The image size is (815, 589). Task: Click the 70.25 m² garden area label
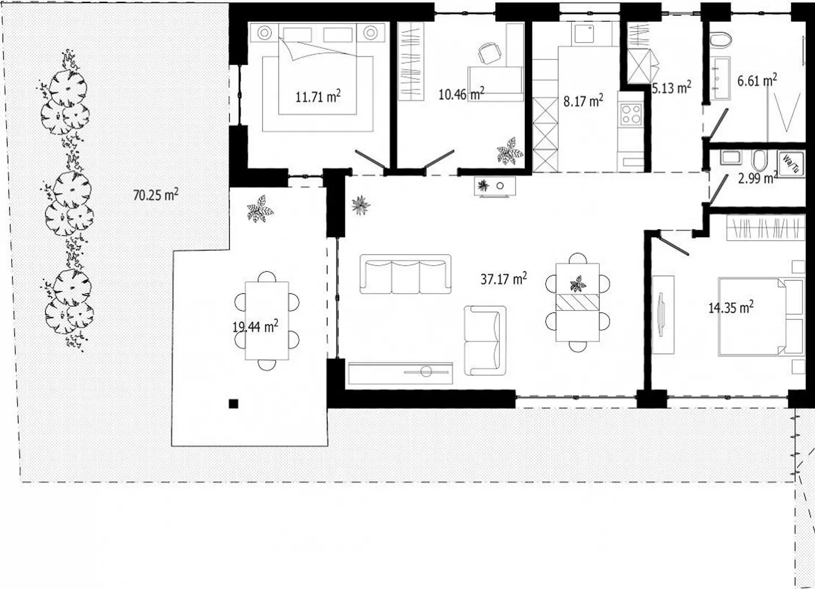point(156,195)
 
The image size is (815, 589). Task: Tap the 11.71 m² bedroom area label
point(318,96)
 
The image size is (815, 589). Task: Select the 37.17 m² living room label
point(504,279)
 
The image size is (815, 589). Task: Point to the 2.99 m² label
point(757,178)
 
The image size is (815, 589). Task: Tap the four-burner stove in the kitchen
point(631,114)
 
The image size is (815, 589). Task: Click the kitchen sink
point(584,33)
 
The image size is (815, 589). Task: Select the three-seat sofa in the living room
point(405,274)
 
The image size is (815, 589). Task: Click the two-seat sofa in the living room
point(485,340)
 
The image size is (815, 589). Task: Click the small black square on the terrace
point(233,404)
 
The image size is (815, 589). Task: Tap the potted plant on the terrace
point(260,209)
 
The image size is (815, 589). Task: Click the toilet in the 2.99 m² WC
point(759,160)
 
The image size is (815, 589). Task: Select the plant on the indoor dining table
point(577,284)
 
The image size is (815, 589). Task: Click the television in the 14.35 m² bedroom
point(660,314)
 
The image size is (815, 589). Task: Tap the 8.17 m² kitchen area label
point(583,100)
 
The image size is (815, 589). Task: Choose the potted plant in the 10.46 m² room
point(510,151)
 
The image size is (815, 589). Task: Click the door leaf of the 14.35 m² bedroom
point(674,246)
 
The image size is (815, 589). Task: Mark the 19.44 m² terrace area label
point(255,326)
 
